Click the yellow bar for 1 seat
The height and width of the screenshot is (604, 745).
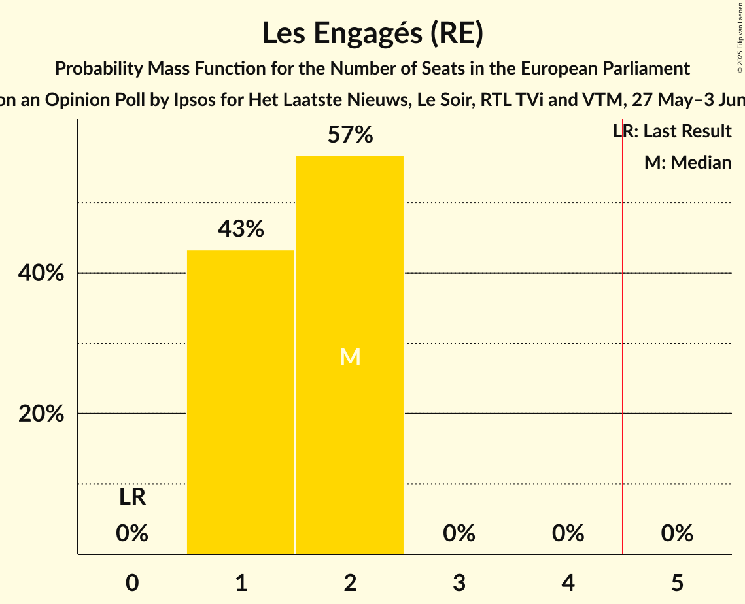241,402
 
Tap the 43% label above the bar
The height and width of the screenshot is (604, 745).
241,229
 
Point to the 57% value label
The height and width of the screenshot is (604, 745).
350,135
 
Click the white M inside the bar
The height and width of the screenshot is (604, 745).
350,357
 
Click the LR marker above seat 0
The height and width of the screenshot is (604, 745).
132,497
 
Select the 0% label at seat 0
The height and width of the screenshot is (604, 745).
132,533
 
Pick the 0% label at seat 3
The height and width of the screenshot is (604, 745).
459,533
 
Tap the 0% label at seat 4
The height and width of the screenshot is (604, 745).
568,533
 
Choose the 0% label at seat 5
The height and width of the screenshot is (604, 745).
677,533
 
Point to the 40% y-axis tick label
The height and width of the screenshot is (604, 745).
41,273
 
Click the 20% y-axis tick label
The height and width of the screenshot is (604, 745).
41,414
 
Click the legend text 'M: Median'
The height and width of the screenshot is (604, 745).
687,162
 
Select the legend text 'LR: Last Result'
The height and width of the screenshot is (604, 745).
672,131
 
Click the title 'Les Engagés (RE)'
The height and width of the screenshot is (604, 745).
373,33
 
